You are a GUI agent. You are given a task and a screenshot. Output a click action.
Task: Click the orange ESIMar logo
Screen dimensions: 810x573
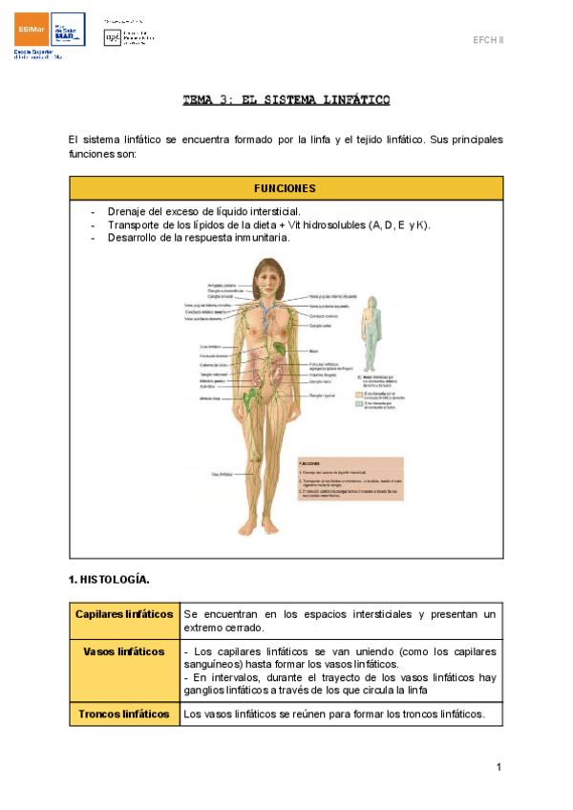point(29,32)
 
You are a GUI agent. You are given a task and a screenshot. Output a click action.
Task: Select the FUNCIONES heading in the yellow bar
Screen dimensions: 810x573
point(286,188)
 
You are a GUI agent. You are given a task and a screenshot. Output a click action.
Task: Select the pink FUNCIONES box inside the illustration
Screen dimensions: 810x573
point(350,477)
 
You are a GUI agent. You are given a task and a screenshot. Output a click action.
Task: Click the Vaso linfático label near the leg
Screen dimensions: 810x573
point(222,473)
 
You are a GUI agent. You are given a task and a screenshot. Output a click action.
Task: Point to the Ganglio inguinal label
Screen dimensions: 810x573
point(324,394)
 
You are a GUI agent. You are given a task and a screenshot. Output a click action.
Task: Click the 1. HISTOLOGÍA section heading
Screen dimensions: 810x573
point(109,579)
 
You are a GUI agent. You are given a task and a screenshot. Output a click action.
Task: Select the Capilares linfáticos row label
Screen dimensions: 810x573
point(124,613)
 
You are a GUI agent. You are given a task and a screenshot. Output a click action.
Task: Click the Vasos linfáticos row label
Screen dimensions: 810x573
point(124,651)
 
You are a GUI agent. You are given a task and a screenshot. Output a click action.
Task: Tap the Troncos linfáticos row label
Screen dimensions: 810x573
point(124,714)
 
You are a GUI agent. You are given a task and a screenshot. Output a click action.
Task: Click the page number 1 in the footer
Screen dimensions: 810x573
point(499,767)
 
